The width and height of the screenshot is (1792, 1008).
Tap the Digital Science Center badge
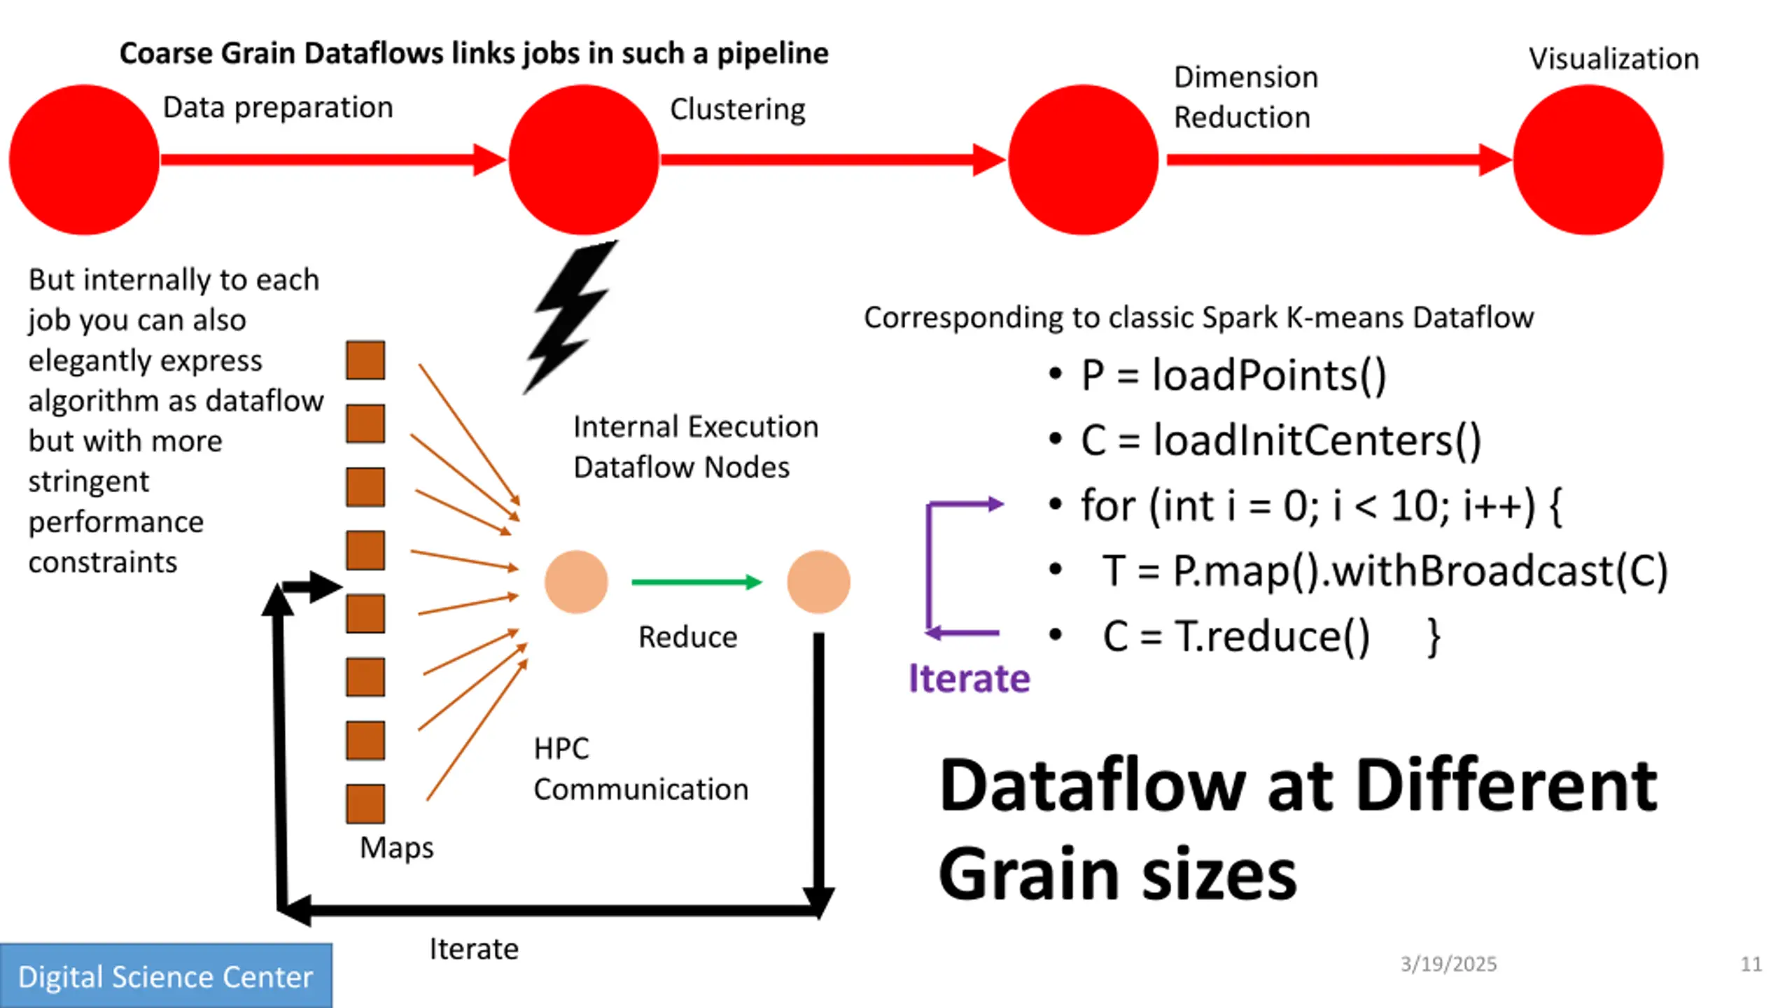point(166,976)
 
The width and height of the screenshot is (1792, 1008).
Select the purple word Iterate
point(969,678)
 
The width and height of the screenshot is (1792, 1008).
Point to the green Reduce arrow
point(696,582)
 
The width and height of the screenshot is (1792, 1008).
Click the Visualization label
point(1613,59)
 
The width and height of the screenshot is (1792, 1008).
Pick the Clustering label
point(738,109)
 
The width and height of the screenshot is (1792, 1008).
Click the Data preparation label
point(278,108)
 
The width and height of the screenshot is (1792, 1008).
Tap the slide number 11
point(1751,964)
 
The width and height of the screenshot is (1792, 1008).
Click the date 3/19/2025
point(1448,964)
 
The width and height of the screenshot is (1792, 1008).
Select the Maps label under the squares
point(396,848)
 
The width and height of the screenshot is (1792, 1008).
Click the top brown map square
point(365,360)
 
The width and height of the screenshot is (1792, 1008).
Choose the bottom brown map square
point(365,803)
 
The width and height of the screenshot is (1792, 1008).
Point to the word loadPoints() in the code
point(1269,375)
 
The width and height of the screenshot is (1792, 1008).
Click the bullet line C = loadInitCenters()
point(1266,440)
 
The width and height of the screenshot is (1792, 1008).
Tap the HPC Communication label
point(640,769)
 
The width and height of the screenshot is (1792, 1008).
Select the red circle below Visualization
point(1588,160)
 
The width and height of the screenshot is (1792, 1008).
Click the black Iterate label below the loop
point(474,949)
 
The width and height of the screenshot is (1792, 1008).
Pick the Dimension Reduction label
point(1245,97)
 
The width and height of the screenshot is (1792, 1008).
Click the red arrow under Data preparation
point(333,160)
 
